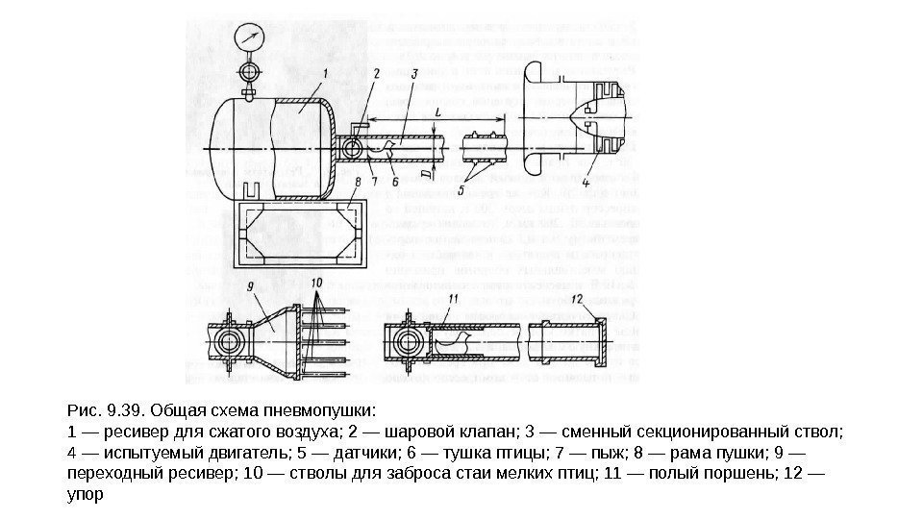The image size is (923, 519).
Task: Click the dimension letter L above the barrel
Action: (x=438, y=112)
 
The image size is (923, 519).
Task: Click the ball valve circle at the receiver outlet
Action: (x=348, y=147)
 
